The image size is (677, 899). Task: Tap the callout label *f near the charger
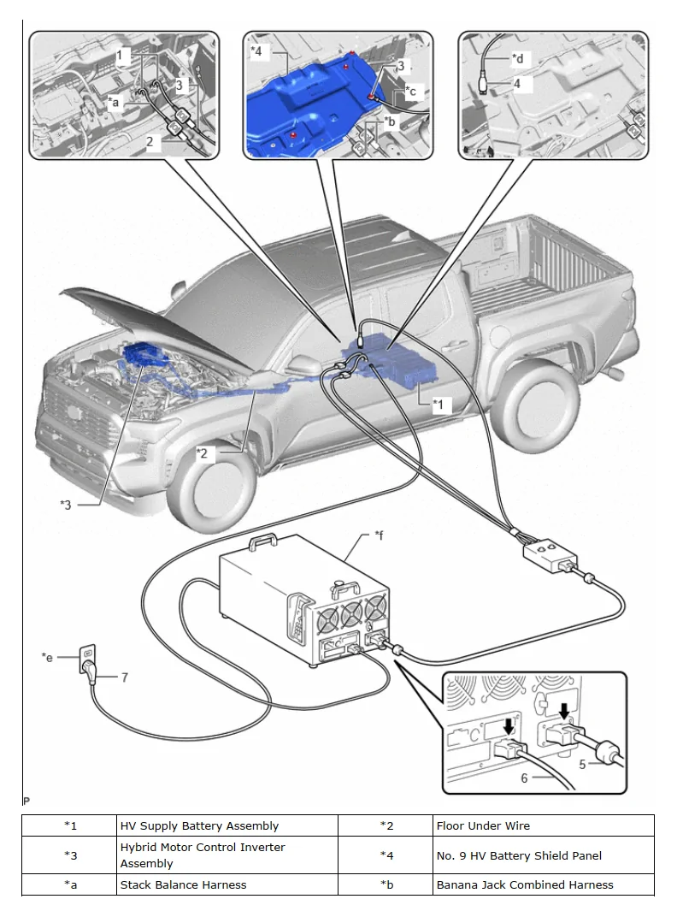coord(379,535)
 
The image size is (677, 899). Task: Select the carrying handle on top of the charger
coord(260,543)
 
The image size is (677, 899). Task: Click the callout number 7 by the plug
coord(124,677)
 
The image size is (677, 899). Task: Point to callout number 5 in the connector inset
coord(582,764)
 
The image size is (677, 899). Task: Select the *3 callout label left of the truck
coord(66,505)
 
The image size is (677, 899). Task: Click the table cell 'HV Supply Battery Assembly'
coord(199,825)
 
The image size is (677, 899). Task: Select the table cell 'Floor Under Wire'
coord(483,825)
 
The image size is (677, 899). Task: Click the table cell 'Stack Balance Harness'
coord(183,884)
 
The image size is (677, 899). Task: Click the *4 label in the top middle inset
coord(256,51)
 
